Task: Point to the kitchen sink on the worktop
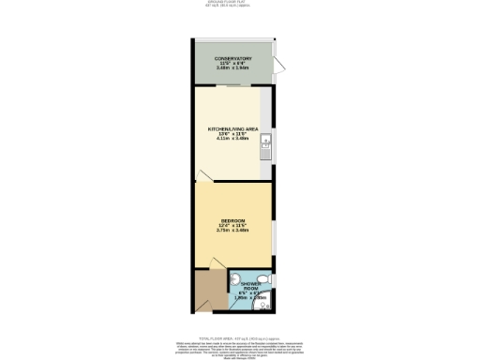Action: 266,144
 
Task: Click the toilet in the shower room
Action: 266,278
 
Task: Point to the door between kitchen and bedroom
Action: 204,175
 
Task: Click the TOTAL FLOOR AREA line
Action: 240,336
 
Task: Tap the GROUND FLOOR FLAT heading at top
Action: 240,2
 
